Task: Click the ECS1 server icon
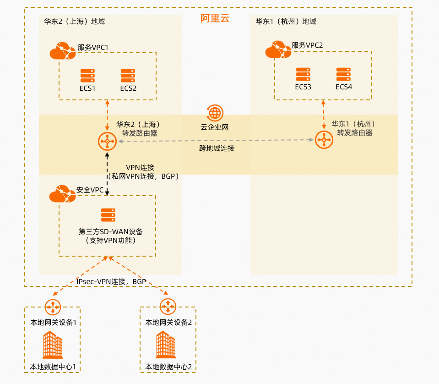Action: pos(87,76)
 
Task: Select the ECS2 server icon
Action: pos(128,76)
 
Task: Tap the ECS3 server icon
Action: pos(303,74)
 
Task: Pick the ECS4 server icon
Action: pos(343,74)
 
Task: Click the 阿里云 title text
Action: pos(215,18)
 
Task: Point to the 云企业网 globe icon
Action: pos(215,112)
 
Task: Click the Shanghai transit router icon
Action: pos(107,142)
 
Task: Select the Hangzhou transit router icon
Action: pos(324,140)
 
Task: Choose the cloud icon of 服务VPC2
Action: pos(278,49)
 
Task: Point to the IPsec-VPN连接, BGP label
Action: pos(111,281)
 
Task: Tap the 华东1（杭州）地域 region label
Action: pos(286,22)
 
